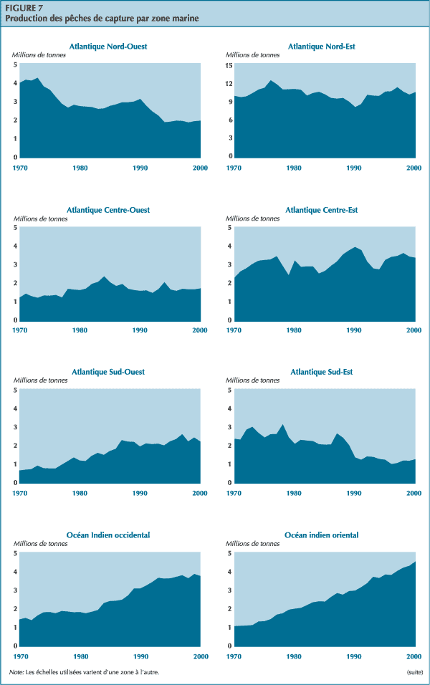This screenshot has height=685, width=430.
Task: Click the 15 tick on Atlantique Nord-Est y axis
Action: click(x=229, y=65)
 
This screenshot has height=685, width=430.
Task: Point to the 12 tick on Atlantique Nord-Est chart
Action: click(x=229, y=83)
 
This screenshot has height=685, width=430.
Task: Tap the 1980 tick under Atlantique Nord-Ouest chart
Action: click(x=80, y=168)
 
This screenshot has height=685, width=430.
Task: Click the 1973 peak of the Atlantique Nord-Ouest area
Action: click(x=37, y=78)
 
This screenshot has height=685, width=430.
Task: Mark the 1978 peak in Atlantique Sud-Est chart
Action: click(x=282, y=405)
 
